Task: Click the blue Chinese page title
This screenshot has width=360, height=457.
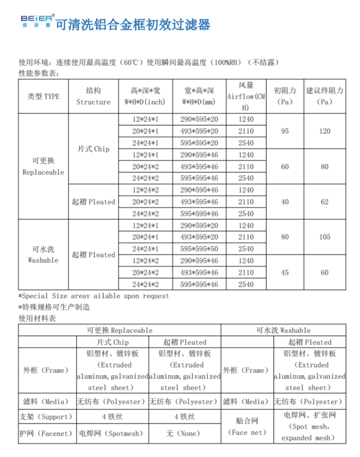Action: [x=132, y=24]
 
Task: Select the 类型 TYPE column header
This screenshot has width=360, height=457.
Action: [x=43, y=96]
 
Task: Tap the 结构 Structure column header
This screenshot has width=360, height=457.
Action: [x=93, y=96]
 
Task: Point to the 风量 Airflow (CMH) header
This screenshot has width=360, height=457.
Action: [x=246, y=96]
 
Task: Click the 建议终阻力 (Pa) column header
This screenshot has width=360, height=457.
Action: [x=324, y=96]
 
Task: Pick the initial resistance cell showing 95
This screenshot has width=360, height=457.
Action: [x=285, y=131]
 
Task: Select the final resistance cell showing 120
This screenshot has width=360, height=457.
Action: [x=324, y=131]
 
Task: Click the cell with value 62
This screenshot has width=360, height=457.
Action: [x=324, y=202]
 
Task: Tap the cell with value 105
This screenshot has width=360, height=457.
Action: [x=324, y=237]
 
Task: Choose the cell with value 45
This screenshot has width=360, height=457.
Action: [x=285, y=272]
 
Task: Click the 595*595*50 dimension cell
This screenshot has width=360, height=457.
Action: [x=199, y=249]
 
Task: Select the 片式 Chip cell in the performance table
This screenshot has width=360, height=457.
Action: [x=93, y=149]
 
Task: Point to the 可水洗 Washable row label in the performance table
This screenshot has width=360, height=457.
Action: [x=43, y=255]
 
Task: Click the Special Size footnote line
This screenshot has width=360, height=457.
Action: [x=94, y=296]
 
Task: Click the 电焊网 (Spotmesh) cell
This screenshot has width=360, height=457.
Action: [x=111, y=433]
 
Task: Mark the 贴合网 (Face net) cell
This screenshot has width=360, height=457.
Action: [x=247, y=426]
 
